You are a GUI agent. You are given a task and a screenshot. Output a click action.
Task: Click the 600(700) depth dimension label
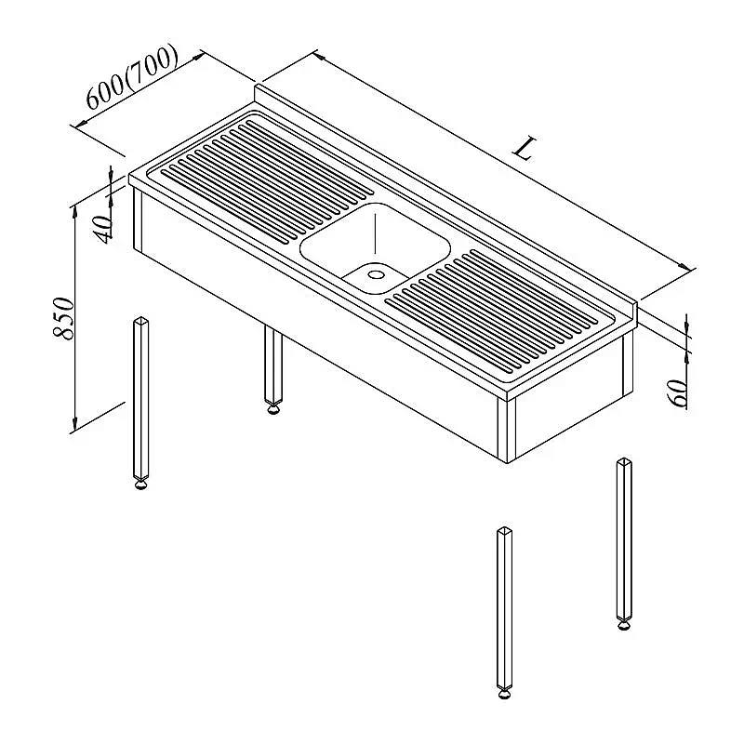[x=132, y=77]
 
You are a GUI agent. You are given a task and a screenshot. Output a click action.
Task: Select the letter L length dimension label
[x=525, y=149]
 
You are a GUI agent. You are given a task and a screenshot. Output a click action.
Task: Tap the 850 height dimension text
[x=63, y=318]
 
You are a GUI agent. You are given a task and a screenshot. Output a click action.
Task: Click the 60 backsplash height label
[x=678, y=392]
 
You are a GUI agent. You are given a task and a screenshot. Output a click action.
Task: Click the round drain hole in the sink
[x=377, y=274]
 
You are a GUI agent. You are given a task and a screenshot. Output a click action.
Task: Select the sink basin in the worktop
[x=375, y=247]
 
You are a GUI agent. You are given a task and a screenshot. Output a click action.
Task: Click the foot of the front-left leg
[x=141, y=485]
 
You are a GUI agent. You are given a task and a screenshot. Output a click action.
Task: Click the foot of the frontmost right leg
[x=505, y=695]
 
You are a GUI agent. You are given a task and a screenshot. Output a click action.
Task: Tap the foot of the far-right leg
[x=624, y=626]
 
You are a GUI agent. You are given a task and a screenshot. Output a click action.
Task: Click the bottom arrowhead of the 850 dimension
[x=74, y=424]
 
